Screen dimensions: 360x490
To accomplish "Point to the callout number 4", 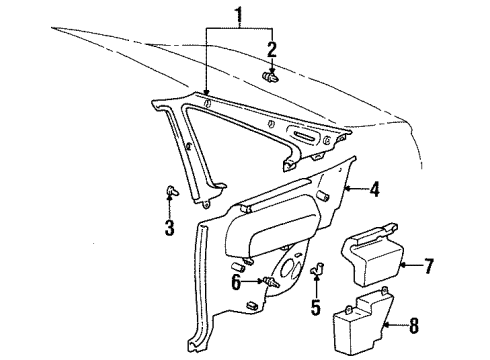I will point(375,188).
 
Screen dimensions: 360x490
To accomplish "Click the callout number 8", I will point(414,325).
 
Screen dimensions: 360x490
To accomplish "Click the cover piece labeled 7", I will point(371,254).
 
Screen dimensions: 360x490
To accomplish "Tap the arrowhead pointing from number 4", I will point(346,188).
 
